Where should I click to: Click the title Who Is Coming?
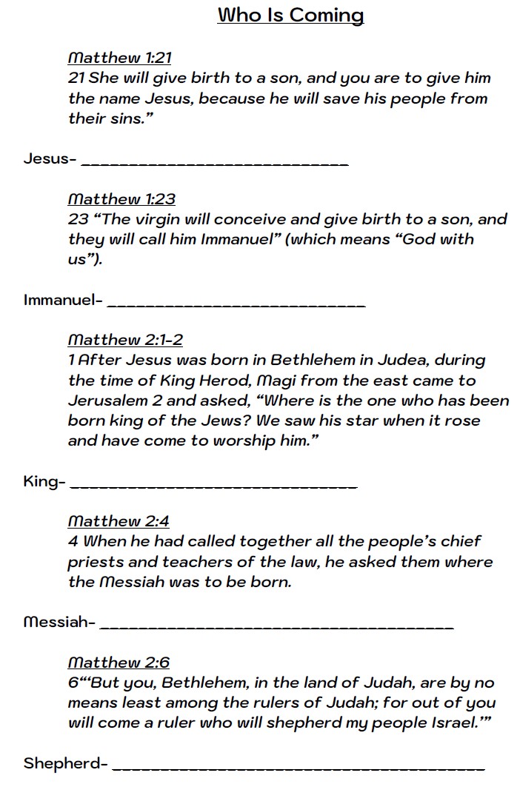click(290, 15)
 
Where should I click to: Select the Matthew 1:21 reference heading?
click(119, 58)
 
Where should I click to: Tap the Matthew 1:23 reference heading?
click(121, 198)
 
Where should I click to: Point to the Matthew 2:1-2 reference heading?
click(125, 340)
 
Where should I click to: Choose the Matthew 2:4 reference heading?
click(119, 521)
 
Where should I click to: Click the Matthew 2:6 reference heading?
click(119, 662)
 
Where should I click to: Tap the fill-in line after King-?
click(217, 486)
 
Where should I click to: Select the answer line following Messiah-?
click(276, 626)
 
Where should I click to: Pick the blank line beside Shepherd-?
click(299, 768)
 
